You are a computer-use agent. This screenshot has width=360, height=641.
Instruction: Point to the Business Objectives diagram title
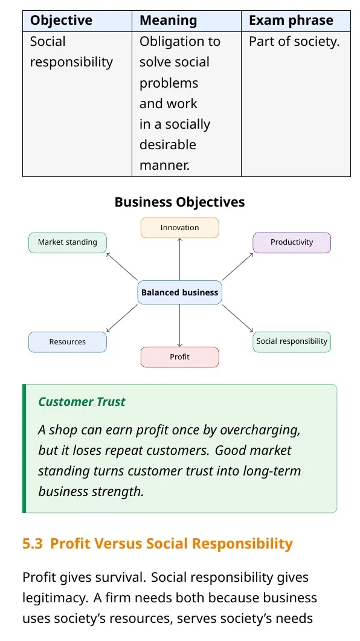coord(180,202)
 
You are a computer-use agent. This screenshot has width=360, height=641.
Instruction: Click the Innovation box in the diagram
coord(180,228)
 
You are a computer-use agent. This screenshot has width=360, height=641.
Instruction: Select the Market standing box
coord(68,242)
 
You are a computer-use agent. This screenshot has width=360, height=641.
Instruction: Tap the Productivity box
coord(292,242)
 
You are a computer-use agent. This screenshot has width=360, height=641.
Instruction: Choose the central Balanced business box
coord(180,292)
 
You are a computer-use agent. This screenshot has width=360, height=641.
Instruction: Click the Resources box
coord(68,342)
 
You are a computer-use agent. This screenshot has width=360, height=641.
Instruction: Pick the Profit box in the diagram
coord(180,357)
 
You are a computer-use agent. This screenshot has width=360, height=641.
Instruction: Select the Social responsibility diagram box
coord(292,342)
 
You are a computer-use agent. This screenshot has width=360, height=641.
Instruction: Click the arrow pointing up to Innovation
coord(180,259)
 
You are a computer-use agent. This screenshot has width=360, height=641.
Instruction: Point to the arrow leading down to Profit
coord(180,326)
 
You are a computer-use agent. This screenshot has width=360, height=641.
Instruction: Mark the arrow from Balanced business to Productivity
coord(238,266)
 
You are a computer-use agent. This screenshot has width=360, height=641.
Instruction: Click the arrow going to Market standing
coord(122,266)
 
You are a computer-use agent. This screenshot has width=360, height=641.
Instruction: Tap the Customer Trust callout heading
coord(82,402)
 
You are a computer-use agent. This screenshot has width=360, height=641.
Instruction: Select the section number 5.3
coord(32,544)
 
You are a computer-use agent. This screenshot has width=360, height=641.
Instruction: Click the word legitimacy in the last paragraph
coord(55,598)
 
